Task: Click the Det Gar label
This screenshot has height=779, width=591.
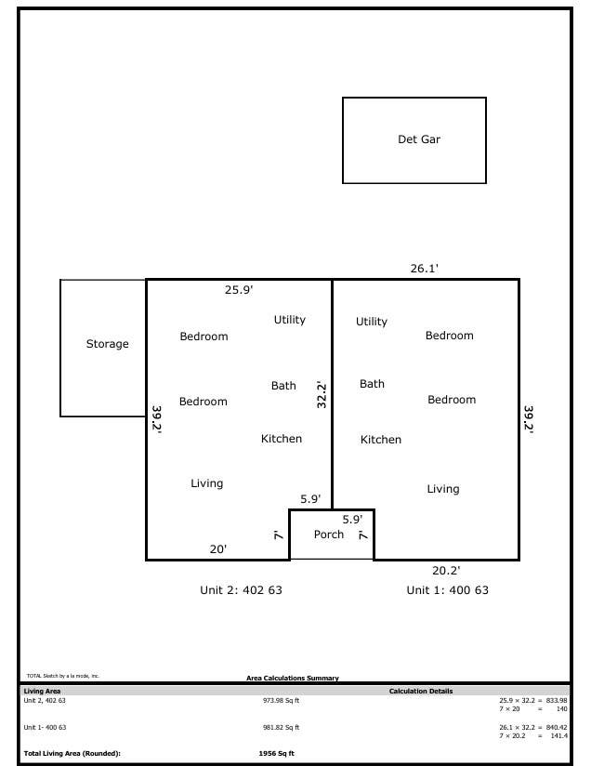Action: [419, 139]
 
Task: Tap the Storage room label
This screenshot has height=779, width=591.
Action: [107, 344]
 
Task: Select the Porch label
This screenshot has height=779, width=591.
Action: [329, 535]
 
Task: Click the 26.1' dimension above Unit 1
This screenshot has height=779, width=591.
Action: [424, 269]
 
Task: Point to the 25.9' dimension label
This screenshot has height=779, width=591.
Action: [239, 290]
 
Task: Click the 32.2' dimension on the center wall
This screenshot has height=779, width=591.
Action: [322, 395]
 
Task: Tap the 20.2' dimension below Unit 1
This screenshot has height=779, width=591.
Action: [446, 571]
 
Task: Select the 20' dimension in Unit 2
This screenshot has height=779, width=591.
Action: [218, 549]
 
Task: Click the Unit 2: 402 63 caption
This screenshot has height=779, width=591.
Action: [241, 589]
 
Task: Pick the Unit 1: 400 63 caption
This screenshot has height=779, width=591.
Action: [448, 589]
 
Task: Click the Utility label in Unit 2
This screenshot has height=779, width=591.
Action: [290, 320]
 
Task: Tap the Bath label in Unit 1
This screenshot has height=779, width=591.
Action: [372, 384]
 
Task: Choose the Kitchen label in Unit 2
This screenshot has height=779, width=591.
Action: [282, 438]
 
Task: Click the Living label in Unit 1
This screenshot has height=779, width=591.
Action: [443, 489]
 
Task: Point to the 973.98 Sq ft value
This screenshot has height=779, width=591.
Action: [282, 701]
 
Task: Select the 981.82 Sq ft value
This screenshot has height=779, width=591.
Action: [282, 727]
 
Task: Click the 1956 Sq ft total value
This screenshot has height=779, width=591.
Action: [277, 753]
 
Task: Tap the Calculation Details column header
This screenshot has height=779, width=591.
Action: [421, 691]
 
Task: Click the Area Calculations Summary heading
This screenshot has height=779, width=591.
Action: [293, 678]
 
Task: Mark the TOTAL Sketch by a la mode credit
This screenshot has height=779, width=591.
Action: [63, 676]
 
